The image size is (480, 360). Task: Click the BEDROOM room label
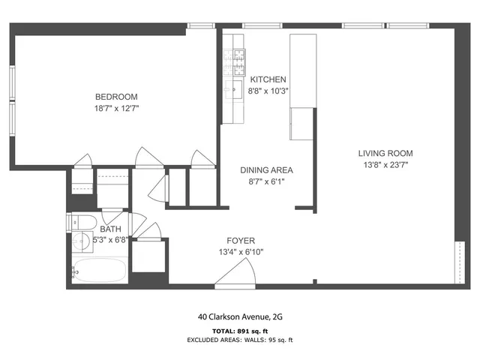116,97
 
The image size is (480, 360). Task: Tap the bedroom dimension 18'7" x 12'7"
116,109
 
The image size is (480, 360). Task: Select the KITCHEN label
268,79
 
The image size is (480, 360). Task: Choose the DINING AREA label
266,170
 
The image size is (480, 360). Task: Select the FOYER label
241,241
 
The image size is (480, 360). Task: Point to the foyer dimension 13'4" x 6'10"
241,252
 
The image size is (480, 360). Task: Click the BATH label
110,229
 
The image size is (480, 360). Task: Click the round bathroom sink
82,242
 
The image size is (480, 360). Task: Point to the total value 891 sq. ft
255,330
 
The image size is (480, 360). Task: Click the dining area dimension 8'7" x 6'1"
266,181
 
